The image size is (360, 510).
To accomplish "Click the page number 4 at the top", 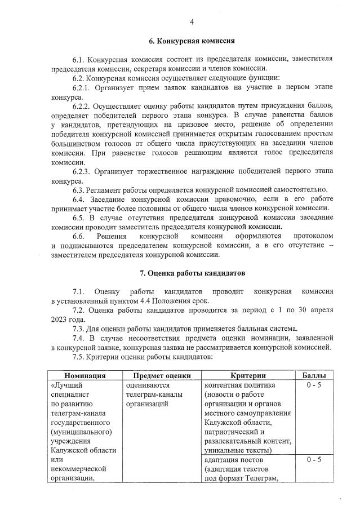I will tap(192, 22).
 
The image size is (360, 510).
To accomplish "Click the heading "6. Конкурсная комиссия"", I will tap(192, 41).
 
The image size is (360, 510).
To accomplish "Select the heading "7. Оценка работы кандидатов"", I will tap(192, 273).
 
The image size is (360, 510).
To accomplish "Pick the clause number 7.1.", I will tap(79, 291).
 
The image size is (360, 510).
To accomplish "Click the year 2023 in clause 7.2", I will tap(59, 320).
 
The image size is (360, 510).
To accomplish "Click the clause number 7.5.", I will tap(79, 357).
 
